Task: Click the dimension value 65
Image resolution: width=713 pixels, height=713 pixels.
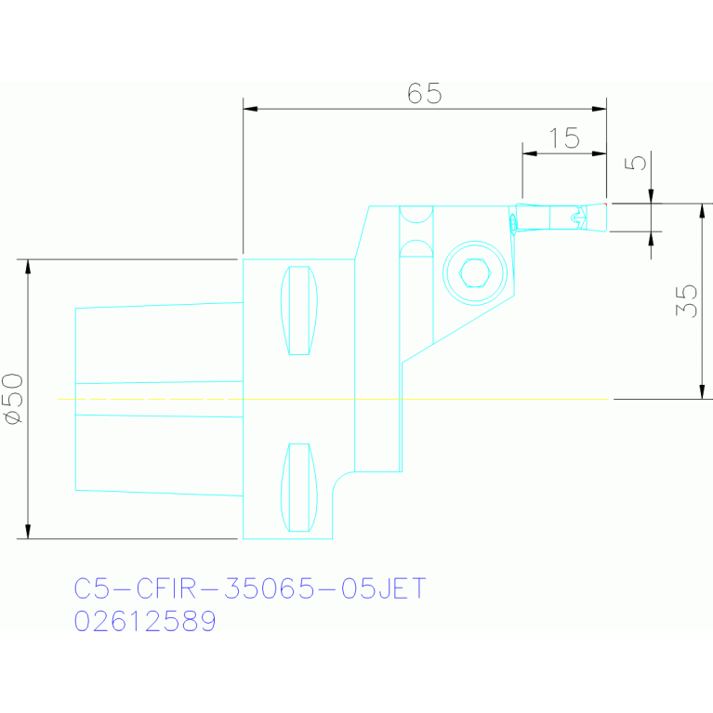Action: click(424, 93)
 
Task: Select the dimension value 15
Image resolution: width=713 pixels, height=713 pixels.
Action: click(564, 139)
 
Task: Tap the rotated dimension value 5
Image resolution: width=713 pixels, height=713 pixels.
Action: click(635, 163)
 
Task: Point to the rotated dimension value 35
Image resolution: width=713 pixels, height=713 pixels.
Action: click(686, 300)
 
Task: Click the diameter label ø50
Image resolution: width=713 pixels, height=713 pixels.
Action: click(14, 399)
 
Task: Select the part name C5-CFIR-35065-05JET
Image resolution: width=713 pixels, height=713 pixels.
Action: click(250, 588)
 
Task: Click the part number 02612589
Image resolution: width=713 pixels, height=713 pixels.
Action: click(145, 621)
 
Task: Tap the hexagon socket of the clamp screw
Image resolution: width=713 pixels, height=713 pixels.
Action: click(475, 273)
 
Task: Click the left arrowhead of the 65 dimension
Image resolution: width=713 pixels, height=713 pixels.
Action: click(250, 109)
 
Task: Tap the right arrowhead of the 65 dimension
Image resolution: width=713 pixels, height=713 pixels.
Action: click(600, 109)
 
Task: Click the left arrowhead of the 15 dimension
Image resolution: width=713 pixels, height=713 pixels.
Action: click(530, 153)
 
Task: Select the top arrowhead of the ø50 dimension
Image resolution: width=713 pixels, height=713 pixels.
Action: click(28, 267)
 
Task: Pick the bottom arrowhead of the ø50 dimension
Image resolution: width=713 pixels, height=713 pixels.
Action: click(28, 532)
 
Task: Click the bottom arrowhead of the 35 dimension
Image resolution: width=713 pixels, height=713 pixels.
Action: click(702, 392)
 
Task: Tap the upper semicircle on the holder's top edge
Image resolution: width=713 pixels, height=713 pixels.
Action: click(416, 215)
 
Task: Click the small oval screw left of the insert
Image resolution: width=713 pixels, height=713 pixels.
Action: click(513, 223)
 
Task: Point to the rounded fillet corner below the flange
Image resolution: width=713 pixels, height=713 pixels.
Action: click(338, 479)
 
